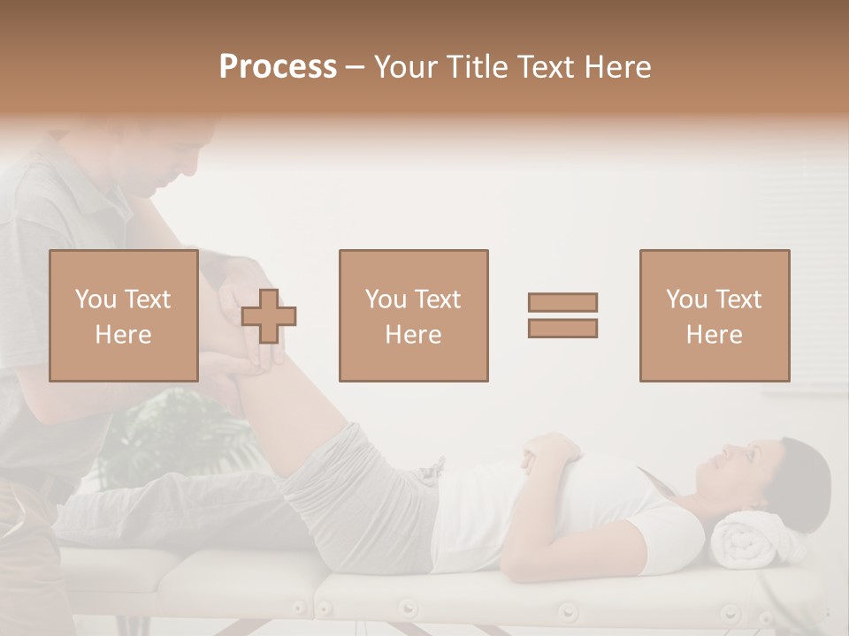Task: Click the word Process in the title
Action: tap(278, 66)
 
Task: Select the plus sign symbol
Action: tap(269, 315)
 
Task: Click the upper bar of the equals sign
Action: tap(562, 302)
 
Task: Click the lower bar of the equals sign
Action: tap(562, 329)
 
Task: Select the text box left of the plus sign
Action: tap(123, 315)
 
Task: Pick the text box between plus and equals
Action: tap(413, 315)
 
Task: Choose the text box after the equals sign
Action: tap(714, 315)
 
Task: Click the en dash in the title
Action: tap(356, 68)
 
